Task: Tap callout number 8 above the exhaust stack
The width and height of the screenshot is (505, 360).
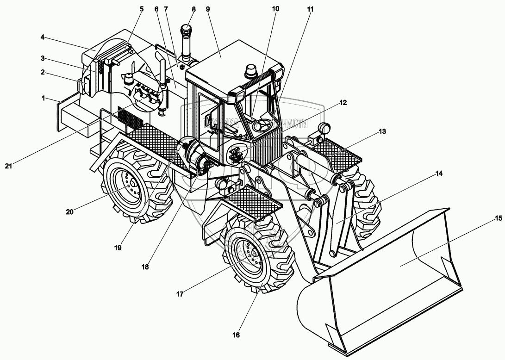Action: point(193,9)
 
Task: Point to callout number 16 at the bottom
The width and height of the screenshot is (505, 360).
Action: point(236,335)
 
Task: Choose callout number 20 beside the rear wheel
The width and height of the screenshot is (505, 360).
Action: point(69,212)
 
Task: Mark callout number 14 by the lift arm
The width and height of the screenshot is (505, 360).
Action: point(439,174)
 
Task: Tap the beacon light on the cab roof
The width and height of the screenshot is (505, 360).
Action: point(252,71)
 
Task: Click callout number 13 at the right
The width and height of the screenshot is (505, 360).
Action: point(381,131)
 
